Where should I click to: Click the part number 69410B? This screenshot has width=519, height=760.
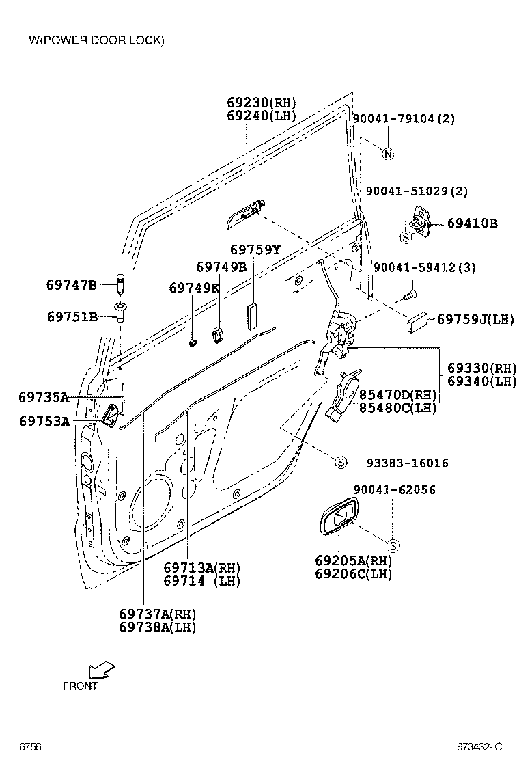(473, 223)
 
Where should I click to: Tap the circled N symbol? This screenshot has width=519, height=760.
(387, 154)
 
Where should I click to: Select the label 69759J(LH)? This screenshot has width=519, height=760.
(475, 319)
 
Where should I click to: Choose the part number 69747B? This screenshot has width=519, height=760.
(72, 285)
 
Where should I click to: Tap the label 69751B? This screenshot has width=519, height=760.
(72, 316)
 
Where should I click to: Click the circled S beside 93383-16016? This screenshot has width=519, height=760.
(341, 463)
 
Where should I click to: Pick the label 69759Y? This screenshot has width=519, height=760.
(255, 250)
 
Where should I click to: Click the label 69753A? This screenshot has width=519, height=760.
(44, 421)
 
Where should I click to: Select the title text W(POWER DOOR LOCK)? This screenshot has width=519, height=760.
(96, 40)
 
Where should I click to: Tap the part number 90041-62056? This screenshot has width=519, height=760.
(394, 490)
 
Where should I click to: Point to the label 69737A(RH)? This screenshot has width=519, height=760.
(157, 613)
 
